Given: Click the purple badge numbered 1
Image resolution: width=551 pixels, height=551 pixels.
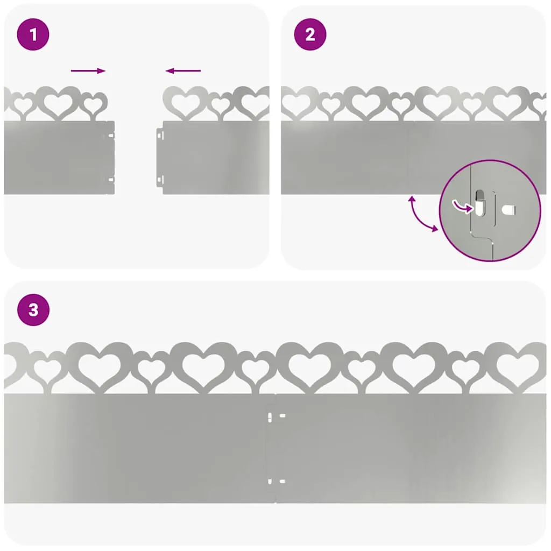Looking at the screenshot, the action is (x=33, y=34).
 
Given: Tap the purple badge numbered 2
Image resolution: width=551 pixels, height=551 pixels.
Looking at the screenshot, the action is (x=310, y=34).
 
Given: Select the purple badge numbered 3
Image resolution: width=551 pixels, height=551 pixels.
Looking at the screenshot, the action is (x=33, y=309).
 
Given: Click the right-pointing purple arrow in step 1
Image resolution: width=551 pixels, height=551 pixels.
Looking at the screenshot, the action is (x=88, y=70).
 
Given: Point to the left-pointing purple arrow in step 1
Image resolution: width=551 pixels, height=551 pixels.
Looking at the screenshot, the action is (x=183, y=70).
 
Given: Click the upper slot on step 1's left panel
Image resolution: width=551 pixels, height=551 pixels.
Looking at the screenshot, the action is (x=111, y=135).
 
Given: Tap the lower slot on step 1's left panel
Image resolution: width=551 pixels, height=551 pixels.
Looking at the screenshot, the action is (x=111, y=180).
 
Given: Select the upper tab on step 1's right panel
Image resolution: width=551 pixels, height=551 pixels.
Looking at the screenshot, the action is (x=160, y=135).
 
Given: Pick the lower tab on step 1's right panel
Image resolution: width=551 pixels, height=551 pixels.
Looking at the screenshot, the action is (x=160, y=180).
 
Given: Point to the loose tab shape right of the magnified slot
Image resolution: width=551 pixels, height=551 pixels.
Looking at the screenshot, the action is (x=508, y=210).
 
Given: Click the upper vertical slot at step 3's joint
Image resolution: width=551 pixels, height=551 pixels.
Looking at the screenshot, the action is (x=270, y=418).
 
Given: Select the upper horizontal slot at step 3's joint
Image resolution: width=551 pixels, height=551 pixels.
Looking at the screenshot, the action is (x=282, y=416).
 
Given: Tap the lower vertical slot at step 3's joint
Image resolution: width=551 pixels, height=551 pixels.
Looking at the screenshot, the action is (x=270, y=482).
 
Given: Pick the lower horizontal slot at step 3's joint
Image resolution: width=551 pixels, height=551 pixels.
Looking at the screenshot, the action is (x=282, y=481).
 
